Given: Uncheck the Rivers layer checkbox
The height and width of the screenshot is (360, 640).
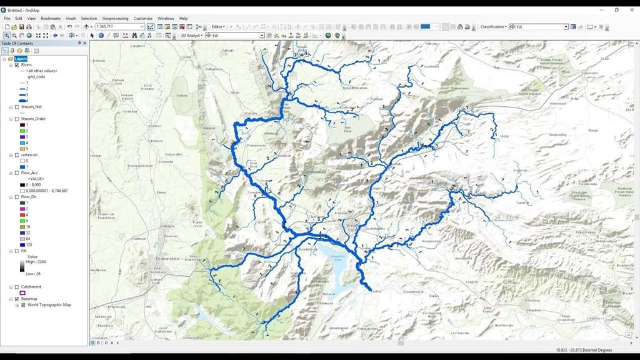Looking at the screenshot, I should point(17,64).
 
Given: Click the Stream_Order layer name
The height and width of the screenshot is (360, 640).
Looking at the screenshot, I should point(31,119).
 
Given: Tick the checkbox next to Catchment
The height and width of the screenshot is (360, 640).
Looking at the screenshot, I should point(17,287).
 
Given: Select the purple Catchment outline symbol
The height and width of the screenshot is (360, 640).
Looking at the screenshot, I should point(23,292).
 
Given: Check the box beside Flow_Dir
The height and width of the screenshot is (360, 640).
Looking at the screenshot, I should point(17,197).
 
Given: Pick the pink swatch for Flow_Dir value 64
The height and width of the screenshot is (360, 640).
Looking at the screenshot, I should point(23,239).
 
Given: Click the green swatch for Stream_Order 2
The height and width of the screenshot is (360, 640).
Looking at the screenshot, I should point(23,131).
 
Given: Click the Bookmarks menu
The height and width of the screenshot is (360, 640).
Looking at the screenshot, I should point(51,19).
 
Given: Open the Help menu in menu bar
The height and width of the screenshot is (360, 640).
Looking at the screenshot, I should point(183,19).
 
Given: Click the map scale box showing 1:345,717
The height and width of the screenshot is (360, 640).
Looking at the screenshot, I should point(118,27).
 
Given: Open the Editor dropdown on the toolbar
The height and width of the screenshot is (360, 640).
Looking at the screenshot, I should point(218,27).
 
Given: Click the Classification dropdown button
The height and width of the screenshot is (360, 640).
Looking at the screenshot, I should point(493,27).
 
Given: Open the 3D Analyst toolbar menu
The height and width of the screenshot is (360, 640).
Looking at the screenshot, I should point(191,36).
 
